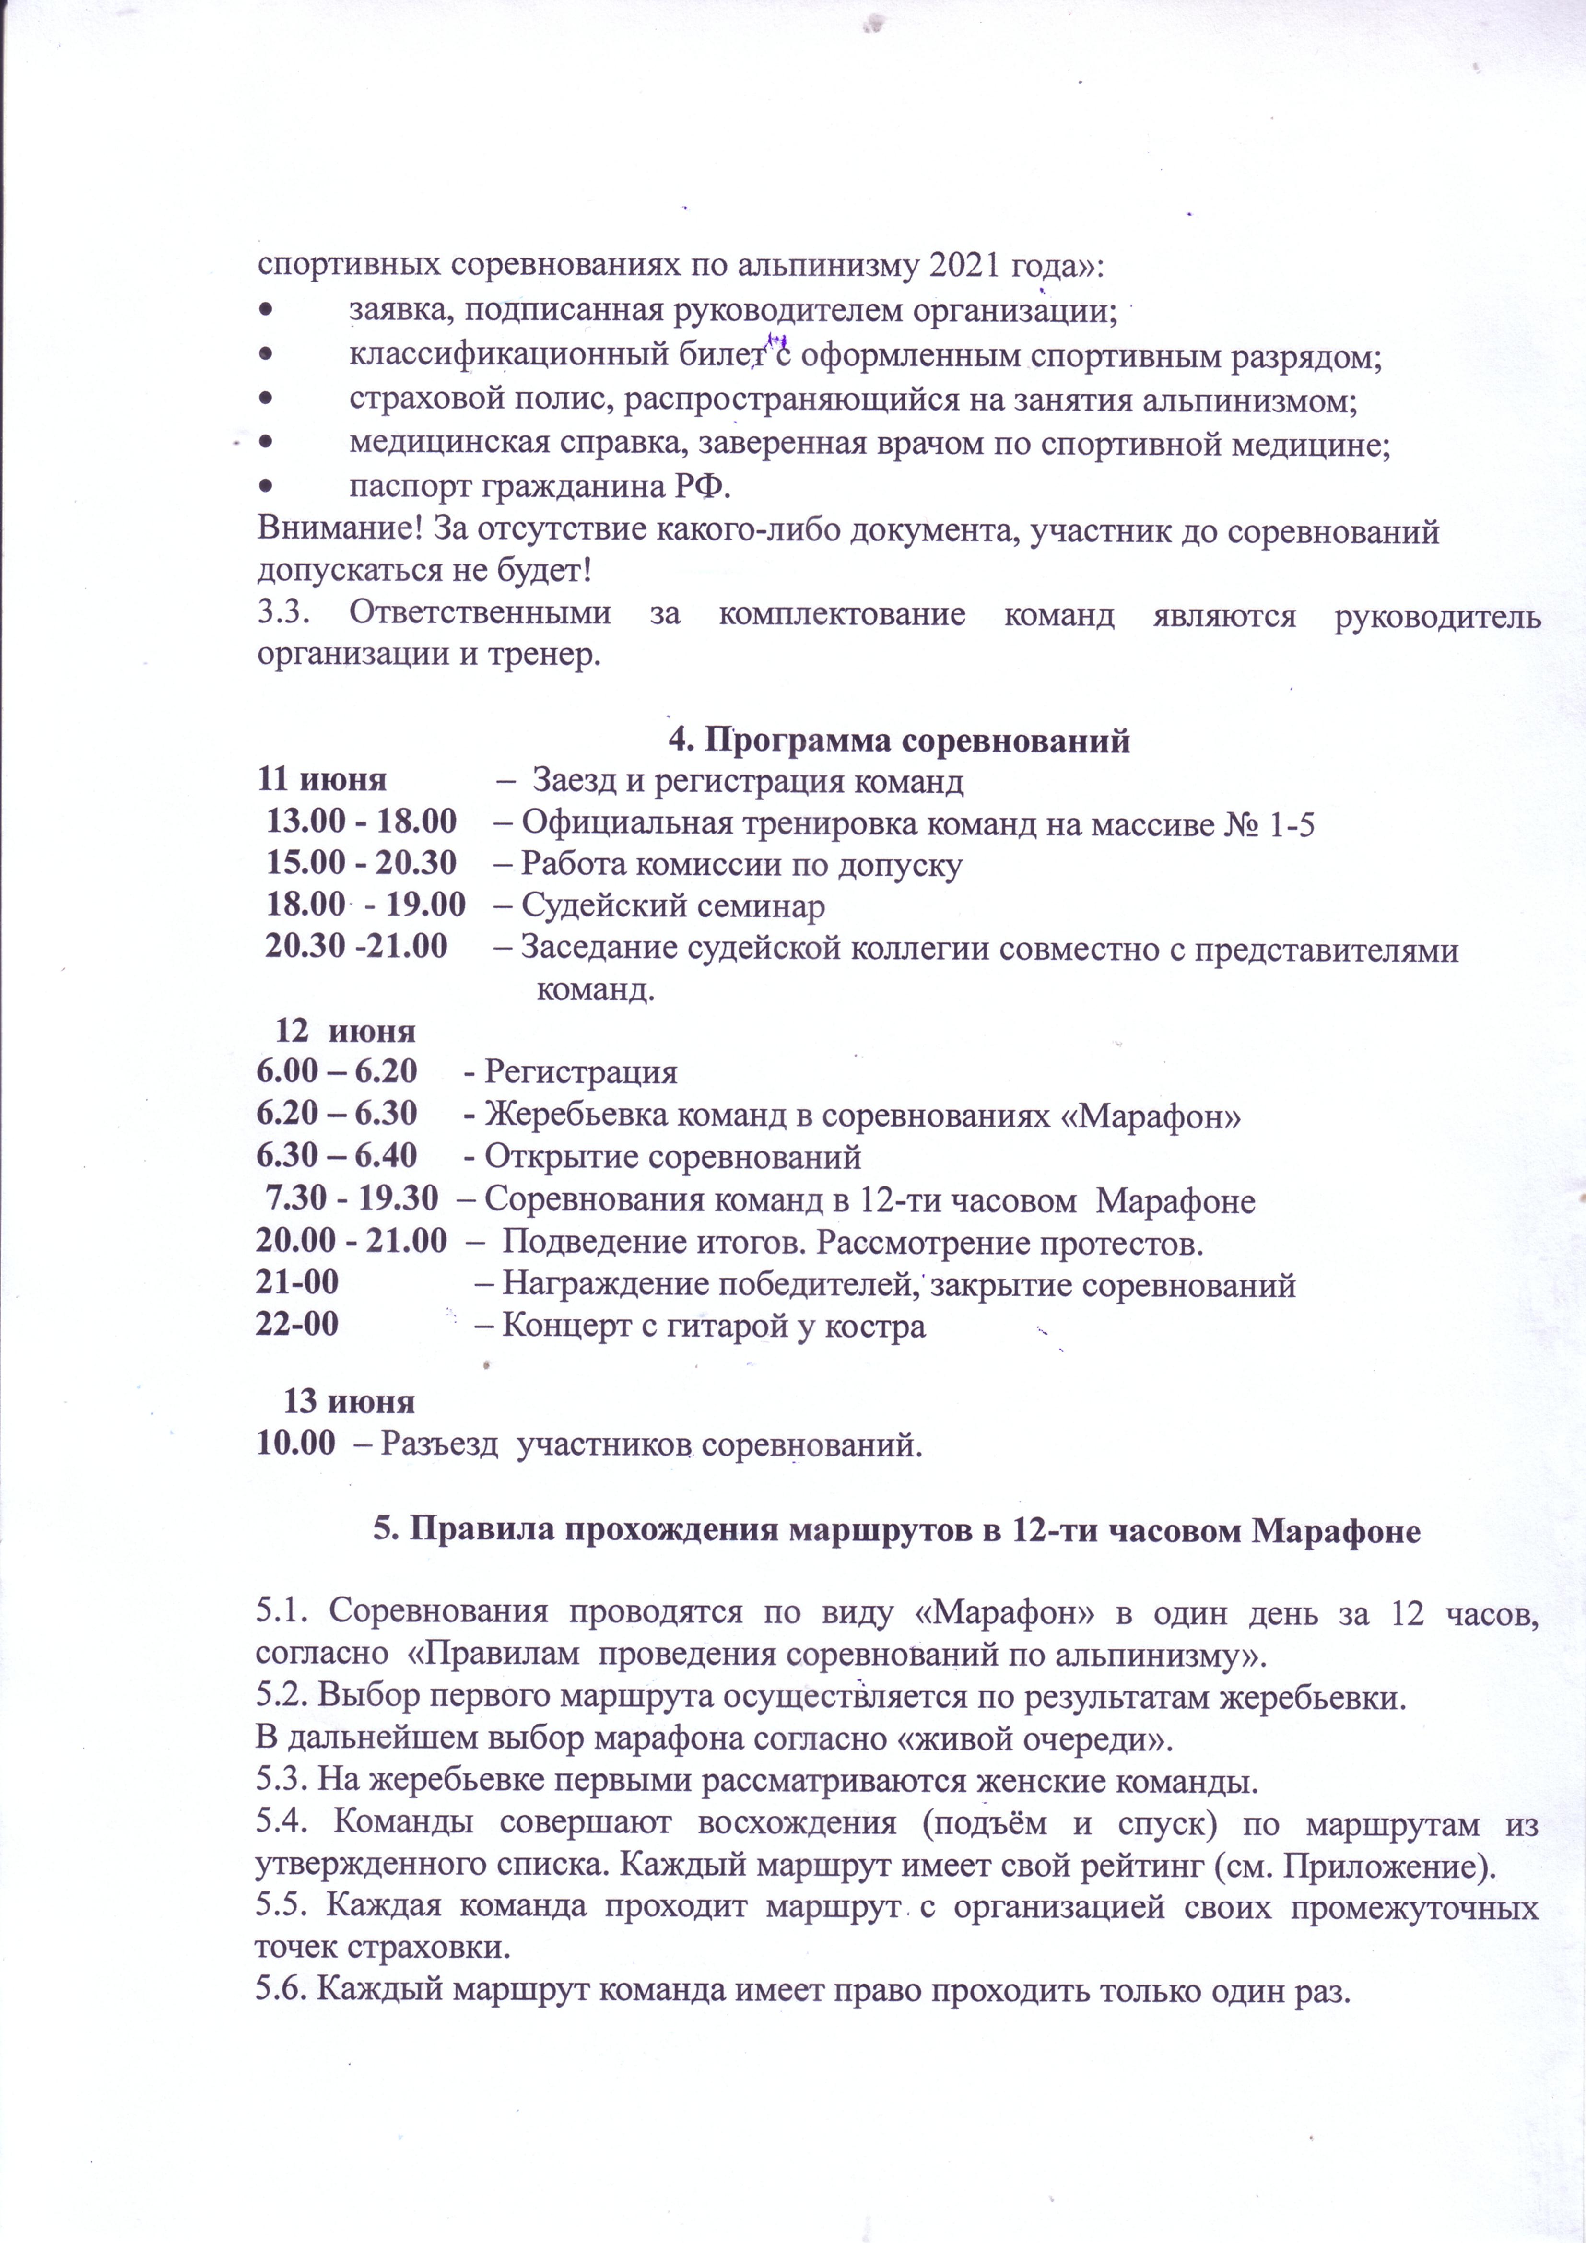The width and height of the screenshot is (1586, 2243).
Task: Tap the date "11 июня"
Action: click(321, 781)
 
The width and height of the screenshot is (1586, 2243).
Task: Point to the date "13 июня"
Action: click(349, 1401)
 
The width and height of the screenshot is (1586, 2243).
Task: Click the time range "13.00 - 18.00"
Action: click(362, 822)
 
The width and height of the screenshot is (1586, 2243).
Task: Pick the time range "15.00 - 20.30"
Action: click(362, 864)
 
